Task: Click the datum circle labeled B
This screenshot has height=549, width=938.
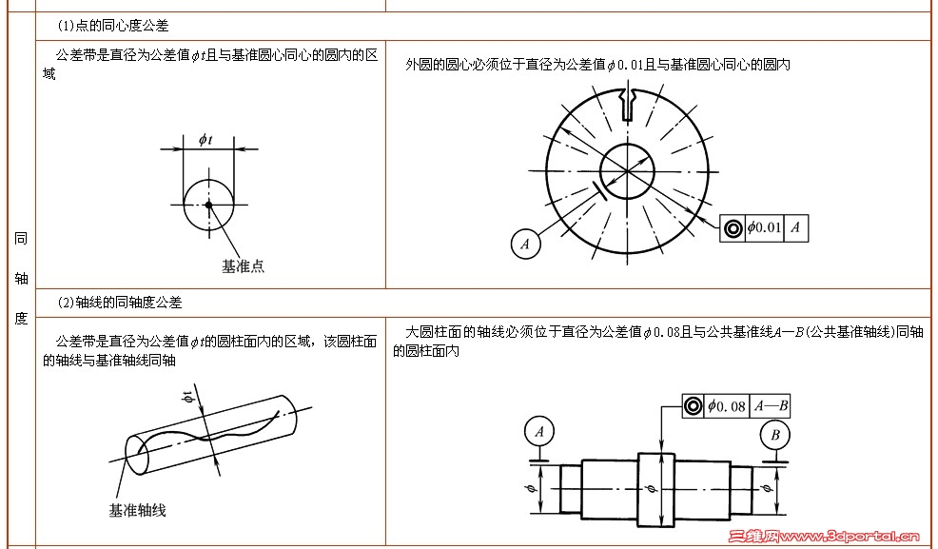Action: [x=775, y=436]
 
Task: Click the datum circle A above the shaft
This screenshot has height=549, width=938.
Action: [x=539, y=432]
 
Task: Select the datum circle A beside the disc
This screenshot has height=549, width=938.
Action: [x=526, y=244]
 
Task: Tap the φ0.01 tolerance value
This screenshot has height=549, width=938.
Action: [x=765, y=227]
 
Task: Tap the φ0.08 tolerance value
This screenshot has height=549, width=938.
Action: [x=727, y=406]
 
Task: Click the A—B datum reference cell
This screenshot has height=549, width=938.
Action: [x=772, y=406]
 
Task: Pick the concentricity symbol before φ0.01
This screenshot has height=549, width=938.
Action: [x=733, y=228]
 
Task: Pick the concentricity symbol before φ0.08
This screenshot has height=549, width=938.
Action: [x=694, y=406]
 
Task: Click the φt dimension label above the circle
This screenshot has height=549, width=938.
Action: [x=205, y=140]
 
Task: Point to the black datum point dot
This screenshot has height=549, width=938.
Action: [x=208, y=206]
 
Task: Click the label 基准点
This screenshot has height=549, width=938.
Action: [x=243, y=266]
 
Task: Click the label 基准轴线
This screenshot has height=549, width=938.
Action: [x=137, y=510]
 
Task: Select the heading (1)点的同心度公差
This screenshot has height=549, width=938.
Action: [x=113, y=26]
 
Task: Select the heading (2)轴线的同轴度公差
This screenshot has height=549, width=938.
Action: [x=120, y=303]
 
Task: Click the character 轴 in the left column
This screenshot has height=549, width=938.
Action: [x=21, y=279]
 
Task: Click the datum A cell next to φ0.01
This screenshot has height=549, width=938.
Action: [x=795, y=227]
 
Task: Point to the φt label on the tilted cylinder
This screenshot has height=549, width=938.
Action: [x=189, y=397]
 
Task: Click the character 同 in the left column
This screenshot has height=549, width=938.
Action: [x=21, y=239]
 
